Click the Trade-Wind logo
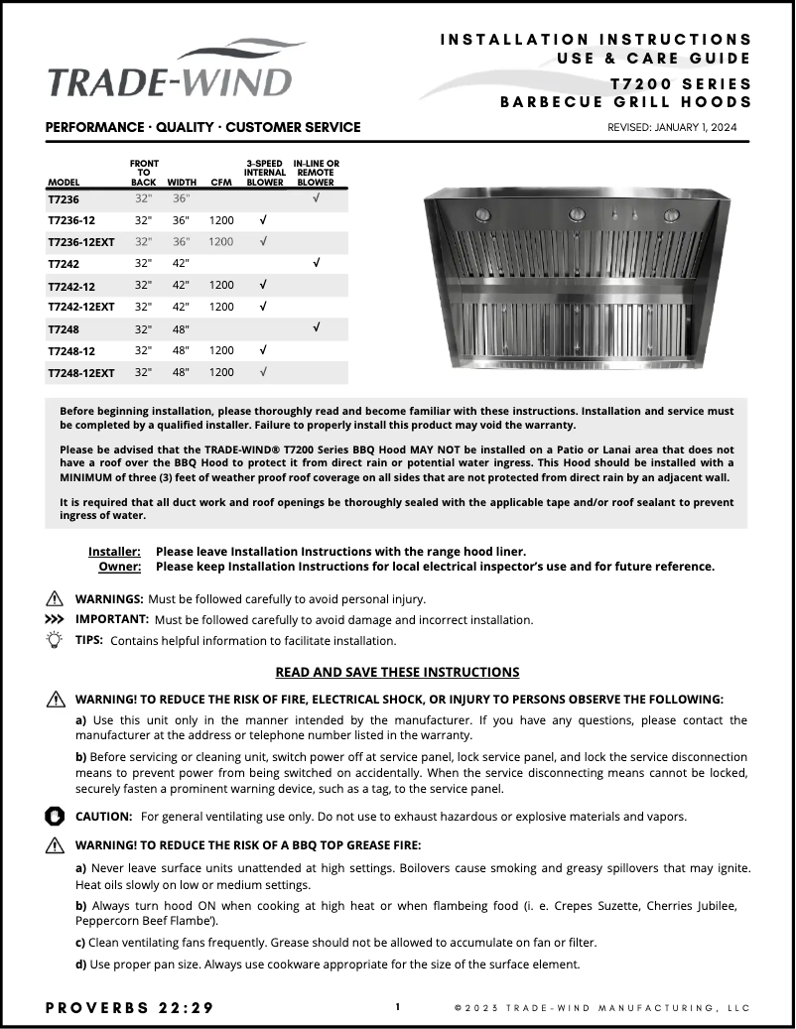click(x=171, y=70)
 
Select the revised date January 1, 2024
click(x=672, y=127)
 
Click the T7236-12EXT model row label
click(x=81, y=242)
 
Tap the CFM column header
click(x=221, y=183)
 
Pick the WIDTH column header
click(x=182, y=183)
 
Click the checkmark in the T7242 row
click(x=316, y=263)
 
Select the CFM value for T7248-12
click(x=221, y=350)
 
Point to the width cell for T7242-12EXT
click(x=182, y=307)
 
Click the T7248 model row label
click(x=63, y=328)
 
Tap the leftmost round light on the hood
click(x=483, y=215)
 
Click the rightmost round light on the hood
click(x=673, y=215)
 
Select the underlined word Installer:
click(x=114, y=551)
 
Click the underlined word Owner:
click(x=119, y=567)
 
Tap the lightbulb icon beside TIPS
click(x=55, y=640)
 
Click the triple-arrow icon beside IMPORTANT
click(x=55, y=619)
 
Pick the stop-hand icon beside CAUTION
click(x=55, y=816)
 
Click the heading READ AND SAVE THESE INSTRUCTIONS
click(x=397, y=672)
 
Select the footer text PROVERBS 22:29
click(x=129, y=1007)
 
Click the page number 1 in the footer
click(x=398, y=1006)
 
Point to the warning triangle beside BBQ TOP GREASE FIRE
click(x=55, y=845)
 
